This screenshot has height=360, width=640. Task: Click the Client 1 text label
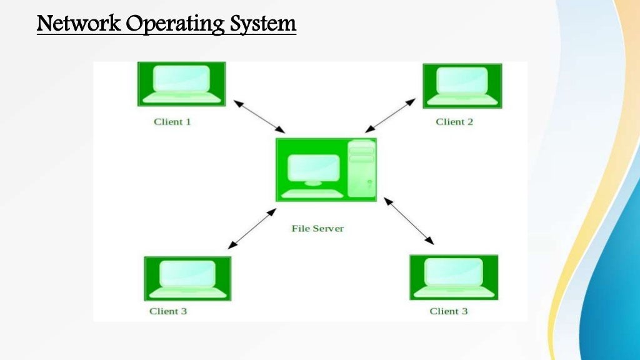(x=172, y=122)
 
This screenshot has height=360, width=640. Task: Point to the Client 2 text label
(x=454, y=122)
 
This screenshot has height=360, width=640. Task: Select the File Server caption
(x=317, y=229)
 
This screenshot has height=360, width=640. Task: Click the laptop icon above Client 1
(x=181, y=84)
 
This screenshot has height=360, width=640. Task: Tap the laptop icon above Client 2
(x=462, y=86)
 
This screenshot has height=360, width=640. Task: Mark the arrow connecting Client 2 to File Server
(x=390, y=116)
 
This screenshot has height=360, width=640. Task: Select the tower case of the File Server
(x=361, y=169)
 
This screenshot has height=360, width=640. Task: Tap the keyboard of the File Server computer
(x=313, y=194)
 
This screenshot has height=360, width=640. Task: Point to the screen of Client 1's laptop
(x=181, y=79)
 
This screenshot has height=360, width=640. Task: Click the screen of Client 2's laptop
(x=462, y=80)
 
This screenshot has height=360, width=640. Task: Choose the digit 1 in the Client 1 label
(x=188, y=122)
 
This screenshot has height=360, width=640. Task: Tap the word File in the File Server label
(x=300, y=229)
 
